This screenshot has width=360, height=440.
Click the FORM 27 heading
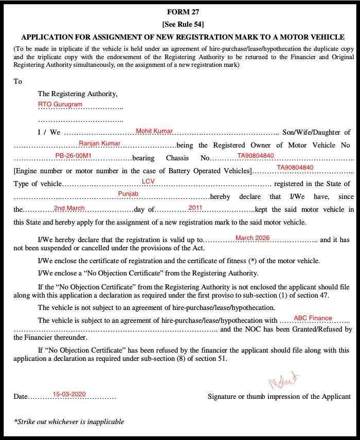pyautogui.click(x=179, y=12)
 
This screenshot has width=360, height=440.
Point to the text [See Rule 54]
pyautogui.click(x=179, y=24)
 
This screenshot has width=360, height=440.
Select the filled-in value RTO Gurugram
pyautogui.click(x=60, y=104)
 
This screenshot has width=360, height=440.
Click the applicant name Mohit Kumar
pyautogui.click(x=154, y=132)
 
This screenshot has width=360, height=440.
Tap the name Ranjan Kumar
pyautogui.click(x=100, y=143)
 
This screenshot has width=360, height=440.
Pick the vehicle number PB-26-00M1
pyautogui.click(x=74, y=156)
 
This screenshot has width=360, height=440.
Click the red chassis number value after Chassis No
pyautogui.click(x=256, y=156)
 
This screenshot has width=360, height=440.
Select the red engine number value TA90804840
pyautogui.click(x=295, y=168)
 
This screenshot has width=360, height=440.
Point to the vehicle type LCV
pyautogui.click(x=148, y=181)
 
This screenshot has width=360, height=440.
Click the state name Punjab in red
pyautogui.click(x=129, y=193)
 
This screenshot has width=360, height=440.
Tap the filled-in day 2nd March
pyautogui.click(x=69, y=208)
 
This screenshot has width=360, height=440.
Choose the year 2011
pyautogui.click(x=195, y=208)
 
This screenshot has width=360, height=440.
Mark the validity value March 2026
pyautogui.click(x=253, y=238)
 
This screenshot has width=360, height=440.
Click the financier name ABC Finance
pyautogui.click(x=313, y=318)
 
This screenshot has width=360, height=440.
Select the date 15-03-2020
pyautogui.click(x=69, y=394)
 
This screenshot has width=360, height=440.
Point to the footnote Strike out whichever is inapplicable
pyautogui.click(x=70, y=422)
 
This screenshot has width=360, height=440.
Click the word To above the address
pyautogui.click(x=18, y=81)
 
